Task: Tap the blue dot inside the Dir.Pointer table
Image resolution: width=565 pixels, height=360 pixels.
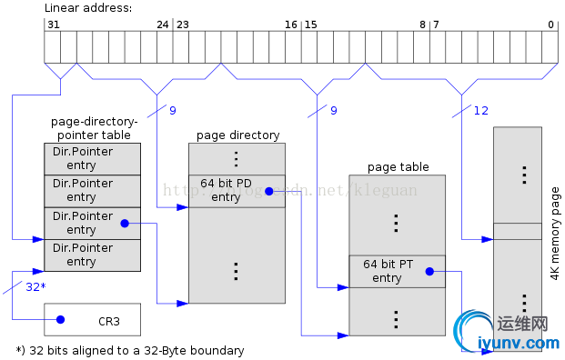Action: pos(125,223)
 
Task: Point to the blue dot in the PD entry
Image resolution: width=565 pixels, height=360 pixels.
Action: pos(269,191)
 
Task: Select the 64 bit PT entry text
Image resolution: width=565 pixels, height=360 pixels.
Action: pos(388,271)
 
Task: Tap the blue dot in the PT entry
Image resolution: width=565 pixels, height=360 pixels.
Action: pos(429,271)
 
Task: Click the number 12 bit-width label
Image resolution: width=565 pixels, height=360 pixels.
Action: pos(481,111)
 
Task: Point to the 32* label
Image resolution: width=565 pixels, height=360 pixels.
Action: pos(35,286)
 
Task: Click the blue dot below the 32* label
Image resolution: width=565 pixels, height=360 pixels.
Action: pos(60,319)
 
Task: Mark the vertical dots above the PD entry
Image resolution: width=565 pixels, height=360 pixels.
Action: pos(237,158)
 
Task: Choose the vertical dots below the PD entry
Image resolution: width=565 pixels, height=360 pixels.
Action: pos(237,270)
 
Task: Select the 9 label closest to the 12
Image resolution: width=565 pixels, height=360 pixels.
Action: pos(333,111)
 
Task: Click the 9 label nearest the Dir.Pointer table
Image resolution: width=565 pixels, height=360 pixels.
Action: pos(173,111)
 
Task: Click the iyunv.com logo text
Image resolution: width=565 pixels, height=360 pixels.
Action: pos(519,343)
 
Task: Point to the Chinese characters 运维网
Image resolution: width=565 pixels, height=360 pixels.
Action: pos(522,324)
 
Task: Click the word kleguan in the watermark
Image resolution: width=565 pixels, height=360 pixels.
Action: pos(386,190)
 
